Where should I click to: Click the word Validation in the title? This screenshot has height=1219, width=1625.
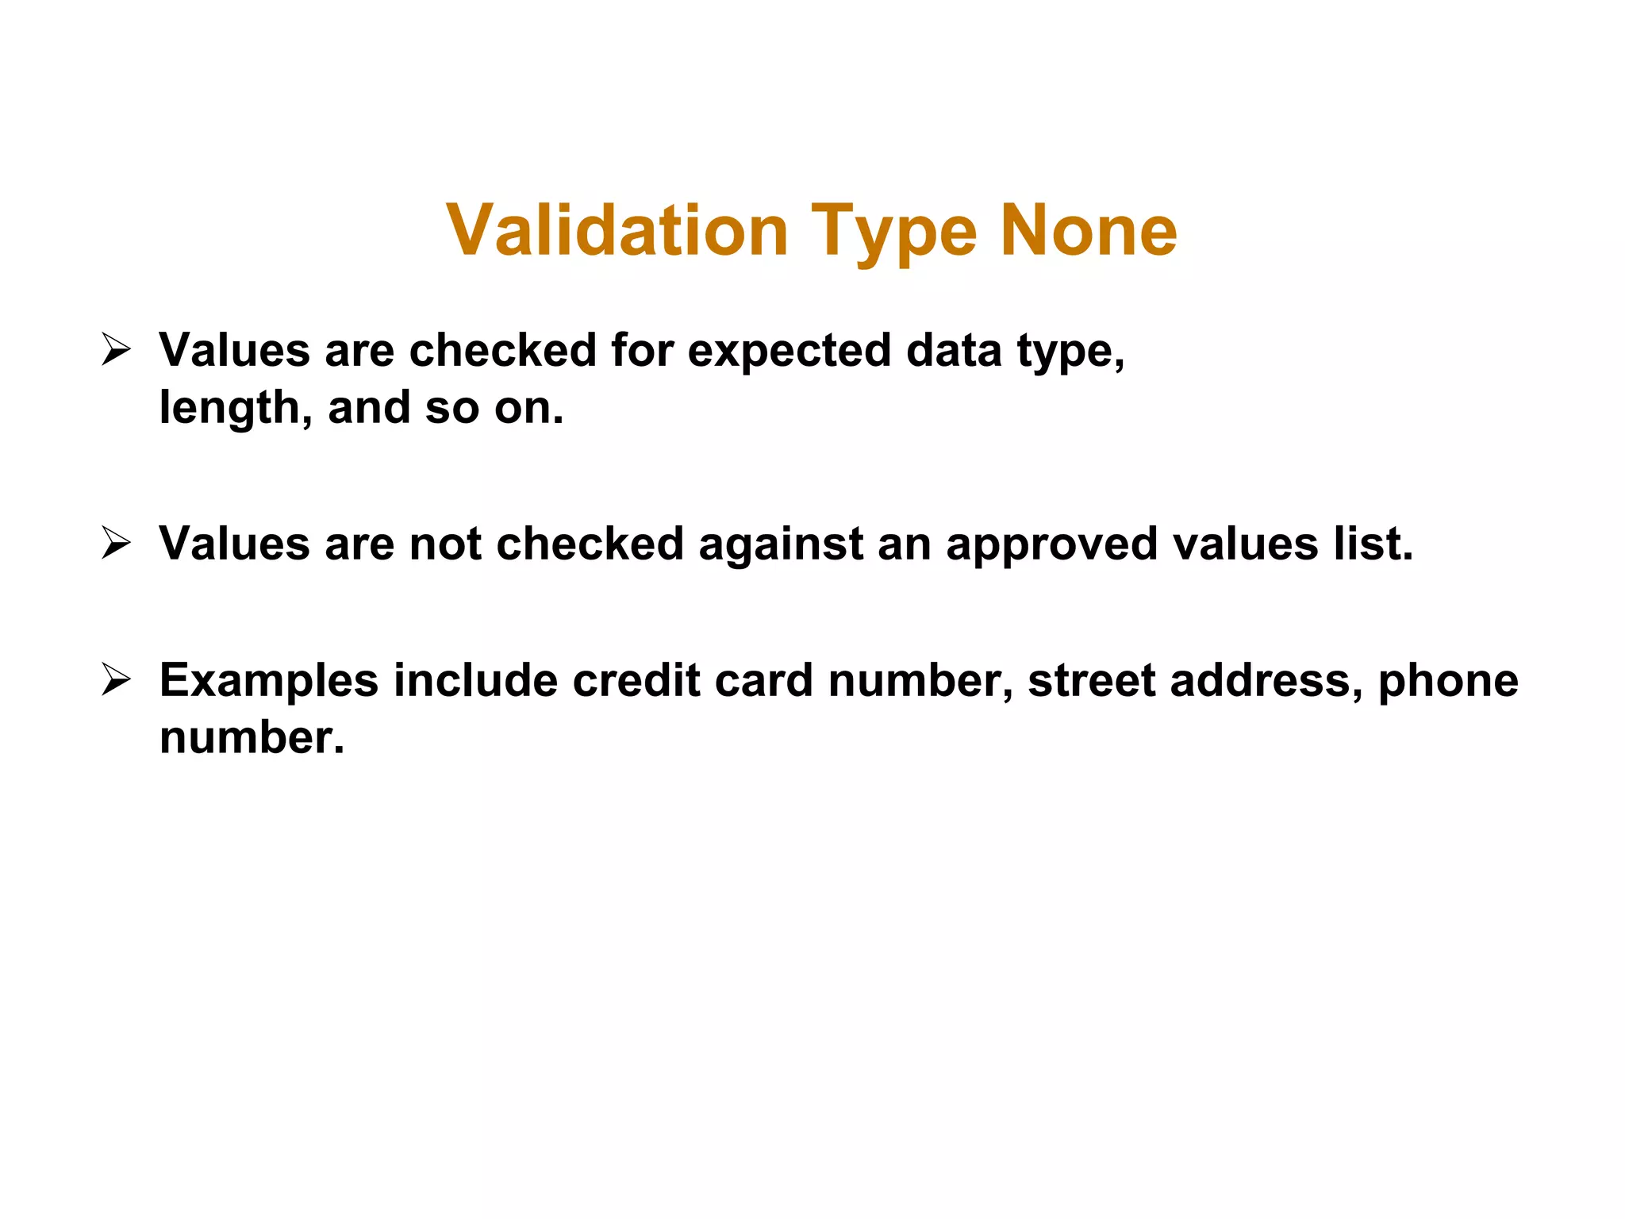617,231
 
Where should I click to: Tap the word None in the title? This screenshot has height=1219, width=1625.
1089,231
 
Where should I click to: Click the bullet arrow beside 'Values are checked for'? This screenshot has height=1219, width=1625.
116,350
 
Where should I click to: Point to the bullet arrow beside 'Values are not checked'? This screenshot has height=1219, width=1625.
116,544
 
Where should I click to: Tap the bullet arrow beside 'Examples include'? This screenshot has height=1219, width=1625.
116,680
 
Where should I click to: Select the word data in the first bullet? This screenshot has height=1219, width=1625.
954,350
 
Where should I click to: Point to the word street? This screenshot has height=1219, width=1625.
1091,681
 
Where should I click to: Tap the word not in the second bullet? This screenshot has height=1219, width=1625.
445,544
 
